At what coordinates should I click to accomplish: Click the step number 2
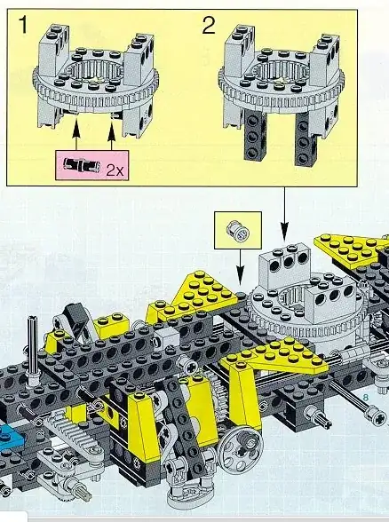(x=208, y=25)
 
